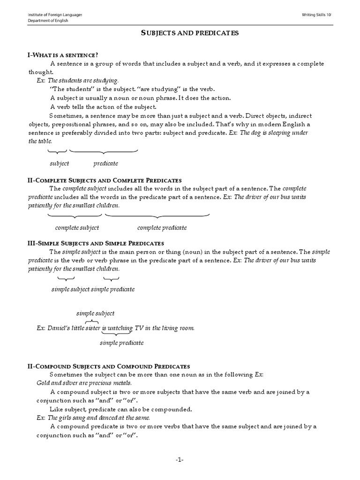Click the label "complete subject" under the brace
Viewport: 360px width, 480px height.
[77, 227]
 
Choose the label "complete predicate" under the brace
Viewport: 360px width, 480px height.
[162, 227]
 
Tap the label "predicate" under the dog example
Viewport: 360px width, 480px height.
[105, 163]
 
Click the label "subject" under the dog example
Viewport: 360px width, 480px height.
[60, 163]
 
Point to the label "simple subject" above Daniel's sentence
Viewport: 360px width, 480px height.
[95, 313]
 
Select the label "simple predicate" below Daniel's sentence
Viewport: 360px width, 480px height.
[121, 343]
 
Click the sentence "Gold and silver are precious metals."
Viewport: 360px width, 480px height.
[81, 382]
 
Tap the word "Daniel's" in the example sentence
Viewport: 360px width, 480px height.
[59, 328]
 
